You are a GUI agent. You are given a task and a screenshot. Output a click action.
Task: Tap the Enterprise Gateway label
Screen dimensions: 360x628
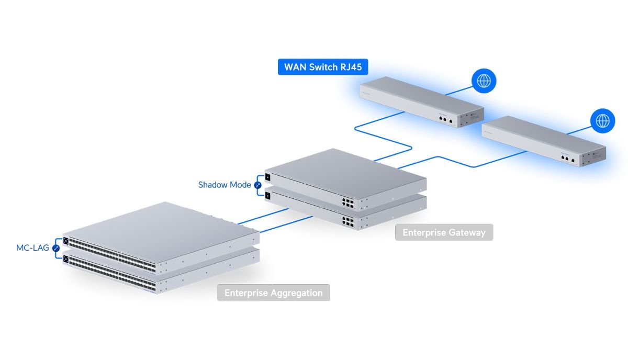click(x=444, y=232)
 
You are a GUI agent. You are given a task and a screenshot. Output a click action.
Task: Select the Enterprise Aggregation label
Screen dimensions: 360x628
click(x=273, y=293)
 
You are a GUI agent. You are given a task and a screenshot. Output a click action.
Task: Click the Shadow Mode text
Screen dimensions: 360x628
click(x=225, y=185)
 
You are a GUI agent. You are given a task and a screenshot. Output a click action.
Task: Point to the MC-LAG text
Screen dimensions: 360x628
click(x=32, y=248)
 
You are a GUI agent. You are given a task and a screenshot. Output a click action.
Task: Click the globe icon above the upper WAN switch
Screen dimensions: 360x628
click(x=484, y=81)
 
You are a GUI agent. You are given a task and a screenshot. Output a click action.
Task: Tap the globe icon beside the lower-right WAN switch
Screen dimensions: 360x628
click(x=603, y=121)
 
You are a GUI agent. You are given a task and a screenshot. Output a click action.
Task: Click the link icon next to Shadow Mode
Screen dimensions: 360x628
click(x=257, y=185)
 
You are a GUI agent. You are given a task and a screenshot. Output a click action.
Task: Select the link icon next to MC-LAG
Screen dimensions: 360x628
click(x=56, y=248)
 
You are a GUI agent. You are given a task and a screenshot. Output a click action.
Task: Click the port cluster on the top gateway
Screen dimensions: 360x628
click(x=348, y=201)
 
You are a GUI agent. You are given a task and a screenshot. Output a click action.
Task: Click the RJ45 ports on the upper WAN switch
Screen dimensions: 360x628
click(x=446, y=119)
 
